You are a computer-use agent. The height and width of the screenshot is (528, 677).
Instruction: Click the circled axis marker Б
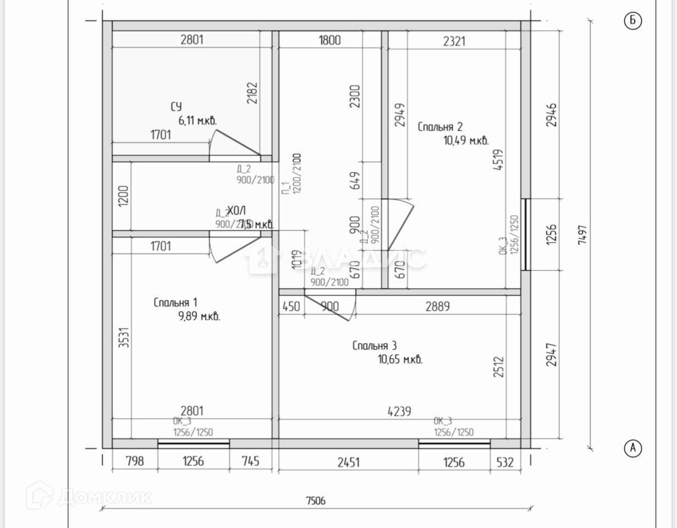pyautogui.click(x=633, y=21)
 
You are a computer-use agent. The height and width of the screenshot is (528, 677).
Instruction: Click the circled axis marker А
pyautogui.click(x=633, y=448)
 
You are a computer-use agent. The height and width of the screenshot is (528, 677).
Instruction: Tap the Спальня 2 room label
pyautogui.click(x=440, y=127)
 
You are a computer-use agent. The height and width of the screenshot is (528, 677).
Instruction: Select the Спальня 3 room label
pyautogui.click(x=375, y=346)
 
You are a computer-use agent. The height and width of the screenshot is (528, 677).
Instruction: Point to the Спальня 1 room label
pyautogui.click(x=175, y=302)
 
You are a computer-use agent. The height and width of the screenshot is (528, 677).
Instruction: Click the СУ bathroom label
pyautogui.click(x=176, y=107)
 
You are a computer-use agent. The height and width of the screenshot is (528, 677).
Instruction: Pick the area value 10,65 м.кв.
pyautogui.click(x=400, y=360)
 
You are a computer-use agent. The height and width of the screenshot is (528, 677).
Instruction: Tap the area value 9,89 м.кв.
pyautogui.click(x=199, y=316)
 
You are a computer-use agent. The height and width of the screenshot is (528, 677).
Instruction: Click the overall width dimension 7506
pyautogui.click(x=316, y=501)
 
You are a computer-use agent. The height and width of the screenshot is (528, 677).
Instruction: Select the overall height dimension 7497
pyautogui.click(x=584, y=235)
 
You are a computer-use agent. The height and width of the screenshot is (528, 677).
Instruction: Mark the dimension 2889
pyautogui.click(x=438, y=306)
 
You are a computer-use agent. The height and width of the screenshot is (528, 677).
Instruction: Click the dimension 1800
pyautogui.click(x=329, y=40)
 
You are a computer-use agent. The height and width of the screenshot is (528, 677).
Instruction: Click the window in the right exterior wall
pyautogui.click(x=525, y=234)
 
